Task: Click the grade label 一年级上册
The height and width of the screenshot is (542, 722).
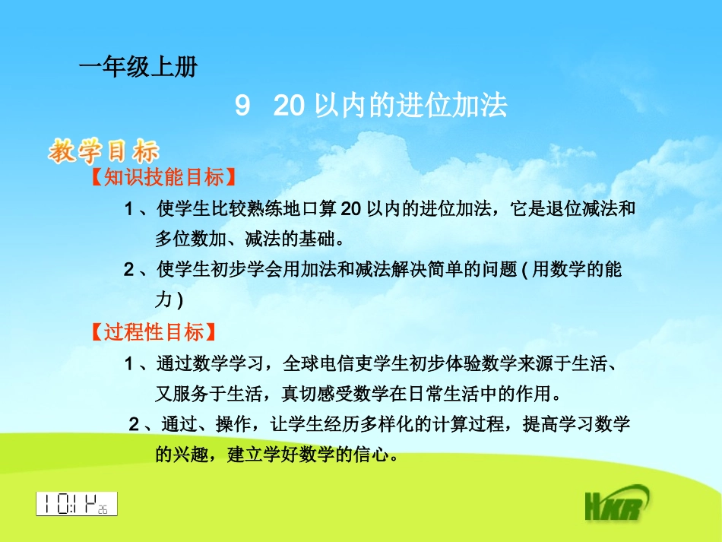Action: pos(138,68)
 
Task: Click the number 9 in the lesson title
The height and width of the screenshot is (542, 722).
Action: pos(242,106)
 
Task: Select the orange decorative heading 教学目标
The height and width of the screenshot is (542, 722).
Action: pos(104,151)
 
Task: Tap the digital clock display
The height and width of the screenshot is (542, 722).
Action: pos(77,503)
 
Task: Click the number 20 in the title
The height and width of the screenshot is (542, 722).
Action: pos(289,106)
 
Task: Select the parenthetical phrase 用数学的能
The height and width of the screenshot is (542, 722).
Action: pos(577,269)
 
